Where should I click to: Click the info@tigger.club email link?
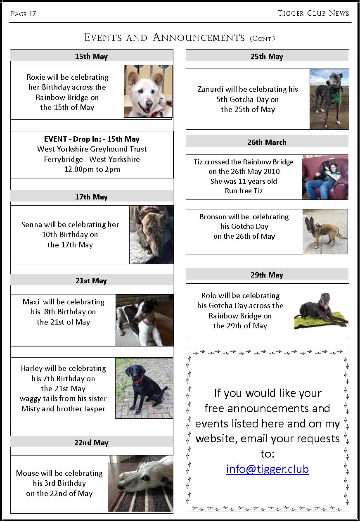click(x=267, y=470)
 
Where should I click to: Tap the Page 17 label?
click(x=24, y=14)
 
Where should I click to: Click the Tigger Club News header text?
click(x=313, y=13)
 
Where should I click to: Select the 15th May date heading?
click(x=91, y=57)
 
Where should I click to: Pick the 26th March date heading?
click(x=267, y=142)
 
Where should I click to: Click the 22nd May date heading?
click(x=91, y=442)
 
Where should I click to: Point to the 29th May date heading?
click(x=267, y=275)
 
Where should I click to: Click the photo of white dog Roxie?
click(x=148, y=91)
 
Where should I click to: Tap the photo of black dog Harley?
click(x=144, y=388)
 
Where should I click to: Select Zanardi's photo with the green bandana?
click(x=329, y=99)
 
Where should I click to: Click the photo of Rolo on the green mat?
click(x=321, y=311)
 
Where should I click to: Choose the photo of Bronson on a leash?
click(x=324, y=232)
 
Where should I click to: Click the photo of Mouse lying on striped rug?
click(x=140, y=483)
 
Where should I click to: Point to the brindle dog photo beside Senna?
click(x=151, y=235)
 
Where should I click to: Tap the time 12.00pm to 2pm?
click(x=92, y=169)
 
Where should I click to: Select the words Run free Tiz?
click(x=244, y=191)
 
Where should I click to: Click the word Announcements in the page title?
click(x=199, y=38)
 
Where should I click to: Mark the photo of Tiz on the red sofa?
click(x=325, y=177)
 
